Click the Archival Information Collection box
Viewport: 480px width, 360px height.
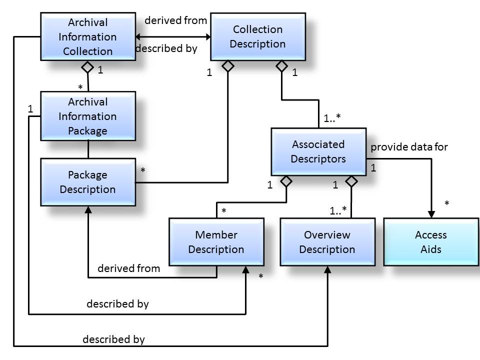87,36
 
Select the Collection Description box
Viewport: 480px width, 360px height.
257,36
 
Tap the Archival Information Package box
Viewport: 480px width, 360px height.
87,116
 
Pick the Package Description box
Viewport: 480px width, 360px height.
87,182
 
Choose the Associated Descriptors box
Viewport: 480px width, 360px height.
318,151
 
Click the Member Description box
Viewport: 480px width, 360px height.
216,242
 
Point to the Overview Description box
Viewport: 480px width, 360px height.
327,242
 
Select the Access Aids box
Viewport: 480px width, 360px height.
430,242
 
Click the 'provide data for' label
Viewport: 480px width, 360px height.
409,147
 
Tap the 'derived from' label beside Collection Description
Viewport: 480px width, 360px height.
175,20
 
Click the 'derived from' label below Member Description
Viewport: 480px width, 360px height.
128,268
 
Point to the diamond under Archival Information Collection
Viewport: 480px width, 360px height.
88,67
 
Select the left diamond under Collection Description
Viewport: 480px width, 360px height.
228,65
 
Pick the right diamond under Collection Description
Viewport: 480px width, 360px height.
282,65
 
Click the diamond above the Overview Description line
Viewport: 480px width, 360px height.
351,181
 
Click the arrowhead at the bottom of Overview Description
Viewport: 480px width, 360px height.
327,269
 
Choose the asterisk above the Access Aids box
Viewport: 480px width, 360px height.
446,203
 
